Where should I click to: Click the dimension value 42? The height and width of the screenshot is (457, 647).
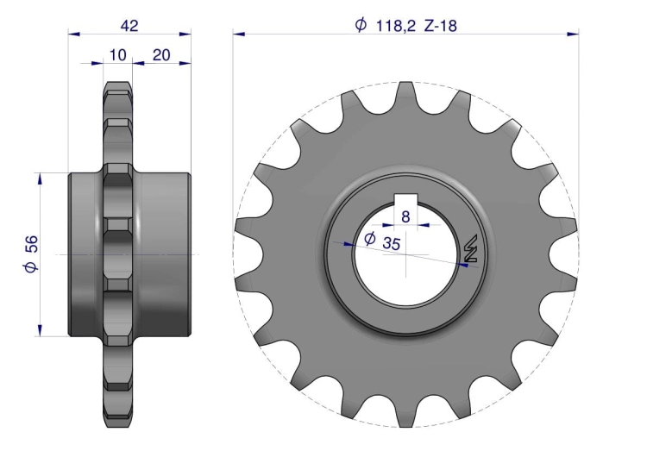coord(129,26)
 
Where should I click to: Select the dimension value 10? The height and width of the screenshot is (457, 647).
coord(118,55)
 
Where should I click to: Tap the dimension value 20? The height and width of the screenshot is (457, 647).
coord(161,55)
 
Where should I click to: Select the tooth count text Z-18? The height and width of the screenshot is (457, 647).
coord(441,26)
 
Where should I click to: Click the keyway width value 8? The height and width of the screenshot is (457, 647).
coord(405,216)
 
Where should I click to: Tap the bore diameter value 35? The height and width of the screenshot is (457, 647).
coord(391,243)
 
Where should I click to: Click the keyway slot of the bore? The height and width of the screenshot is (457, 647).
coord(405,200)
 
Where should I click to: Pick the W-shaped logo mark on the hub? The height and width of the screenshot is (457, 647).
coord(471,248)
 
